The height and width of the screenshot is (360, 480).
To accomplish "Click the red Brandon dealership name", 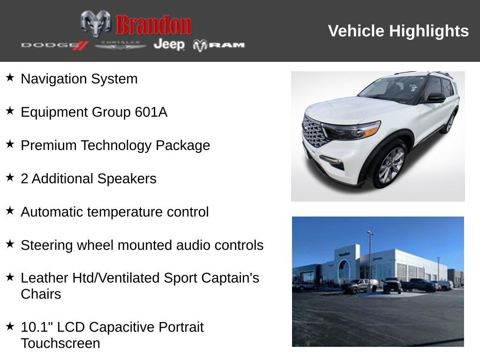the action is click(154, 25).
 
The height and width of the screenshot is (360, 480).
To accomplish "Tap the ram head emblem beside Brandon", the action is click(96, 23).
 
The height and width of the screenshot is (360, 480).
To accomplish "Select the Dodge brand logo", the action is click(55, 45).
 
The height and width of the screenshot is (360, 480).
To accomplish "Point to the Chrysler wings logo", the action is click(120, 45).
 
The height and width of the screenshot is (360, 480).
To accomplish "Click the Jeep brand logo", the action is click(169, 45).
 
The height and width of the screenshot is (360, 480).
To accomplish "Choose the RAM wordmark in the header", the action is click(218, 45).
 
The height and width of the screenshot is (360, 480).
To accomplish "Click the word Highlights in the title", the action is click(429, 31).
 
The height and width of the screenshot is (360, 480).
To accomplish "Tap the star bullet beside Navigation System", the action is click(10, 77).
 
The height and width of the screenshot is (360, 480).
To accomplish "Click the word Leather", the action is click(45, 278).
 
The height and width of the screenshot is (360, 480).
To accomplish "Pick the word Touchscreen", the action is click(60, 344).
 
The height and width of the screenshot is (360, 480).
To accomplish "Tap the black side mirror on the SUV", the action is click(436, 97).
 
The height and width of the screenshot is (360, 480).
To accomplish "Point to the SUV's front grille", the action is click(313, 132).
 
